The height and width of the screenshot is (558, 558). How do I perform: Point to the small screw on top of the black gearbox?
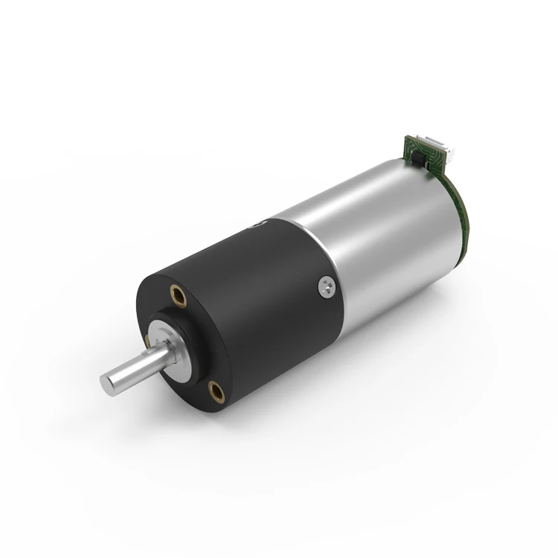coord(257,223)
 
